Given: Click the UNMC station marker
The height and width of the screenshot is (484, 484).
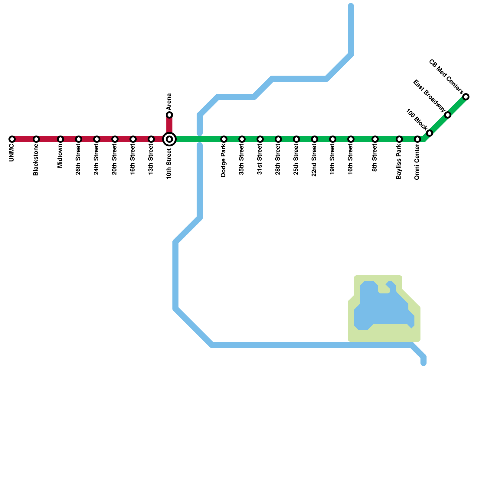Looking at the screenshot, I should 12,139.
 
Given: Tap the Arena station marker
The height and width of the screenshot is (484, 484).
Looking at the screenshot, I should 170,115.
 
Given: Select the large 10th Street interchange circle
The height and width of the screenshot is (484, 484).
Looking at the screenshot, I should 170,139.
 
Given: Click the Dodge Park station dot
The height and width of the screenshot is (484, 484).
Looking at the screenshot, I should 224,139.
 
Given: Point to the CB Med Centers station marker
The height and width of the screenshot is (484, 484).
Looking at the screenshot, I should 466,97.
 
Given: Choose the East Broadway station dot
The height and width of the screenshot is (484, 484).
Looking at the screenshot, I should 448,115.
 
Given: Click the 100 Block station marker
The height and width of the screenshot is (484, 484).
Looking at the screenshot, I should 430,133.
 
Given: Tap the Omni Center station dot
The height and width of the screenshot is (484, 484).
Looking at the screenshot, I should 417,139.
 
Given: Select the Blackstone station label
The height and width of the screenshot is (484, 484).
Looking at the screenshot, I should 36,159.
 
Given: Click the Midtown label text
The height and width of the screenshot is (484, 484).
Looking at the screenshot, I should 60,156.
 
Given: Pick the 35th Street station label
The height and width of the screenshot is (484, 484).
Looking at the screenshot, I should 242,160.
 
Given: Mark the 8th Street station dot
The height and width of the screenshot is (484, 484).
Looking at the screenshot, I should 375,139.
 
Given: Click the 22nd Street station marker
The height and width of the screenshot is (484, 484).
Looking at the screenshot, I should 315,139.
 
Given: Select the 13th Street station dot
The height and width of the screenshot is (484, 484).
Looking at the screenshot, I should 151,139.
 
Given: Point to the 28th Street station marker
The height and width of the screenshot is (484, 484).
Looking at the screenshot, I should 278,139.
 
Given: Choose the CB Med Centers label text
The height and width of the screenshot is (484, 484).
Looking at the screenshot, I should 446,77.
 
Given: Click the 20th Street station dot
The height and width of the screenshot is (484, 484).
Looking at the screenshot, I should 115,139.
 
